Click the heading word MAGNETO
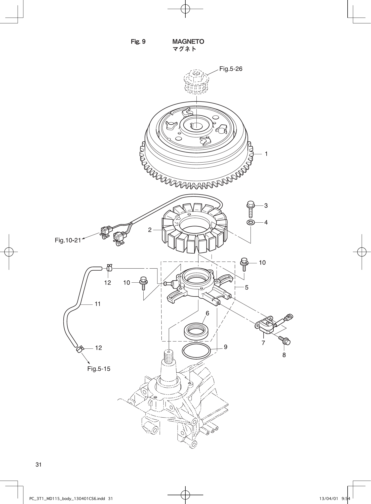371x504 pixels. [188, 41]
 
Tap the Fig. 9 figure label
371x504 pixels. [138, 41]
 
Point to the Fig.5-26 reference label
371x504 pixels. [231, 69]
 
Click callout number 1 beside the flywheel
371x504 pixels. [266, 154]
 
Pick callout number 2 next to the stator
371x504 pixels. [150, 230]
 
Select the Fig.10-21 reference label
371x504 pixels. [68, 240]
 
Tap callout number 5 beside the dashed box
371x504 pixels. [246, 287]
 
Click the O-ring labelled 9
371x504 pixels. [196, 351]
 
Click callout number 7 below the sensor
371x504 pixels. [263, 343]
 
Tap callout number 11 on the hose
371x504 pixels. [98, 304]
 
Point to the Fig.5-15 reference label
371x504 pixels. [99, 369]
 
